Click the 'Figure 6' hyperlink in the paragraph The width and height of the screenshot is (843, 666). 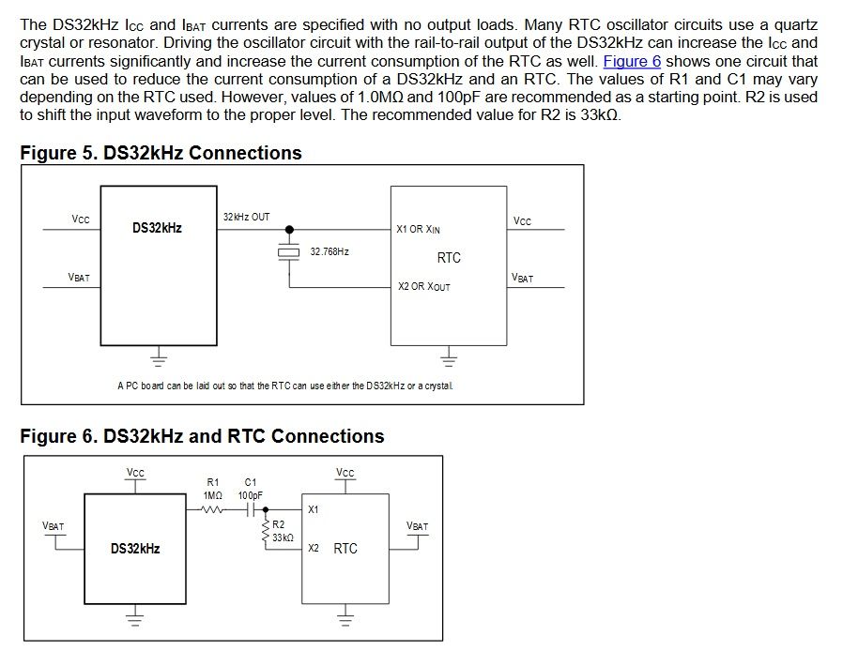click(x=632, y=61)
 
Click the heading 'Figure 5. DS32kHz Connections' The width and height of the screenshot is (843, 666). click(x=161, y=153)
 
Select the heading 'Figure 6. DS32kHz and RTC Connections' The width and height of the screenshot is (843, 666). click(x=202, y=436)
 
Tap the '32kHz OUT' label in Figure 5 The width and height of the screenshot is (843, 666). click(x=246, y=218)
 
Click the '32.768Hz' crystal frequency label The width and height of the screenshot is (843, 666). click(x=330, y=252)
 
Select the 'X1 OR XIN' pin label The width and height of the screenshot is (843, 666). click(x=419, y=229)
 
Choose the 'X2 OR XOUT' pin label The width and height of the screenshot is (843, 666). click(x=423, y=286)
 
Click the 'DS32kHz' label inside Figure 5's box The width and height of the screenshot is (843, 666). click(x=157, y=228)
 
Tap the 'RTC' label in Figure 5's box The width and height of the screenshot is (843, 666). click(x=449, y=258)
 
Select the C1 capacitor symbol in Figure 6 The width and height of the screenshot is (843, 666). click(x=250, y=510)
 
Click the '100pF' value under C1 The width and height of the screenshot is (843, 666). click(x=250, y=495)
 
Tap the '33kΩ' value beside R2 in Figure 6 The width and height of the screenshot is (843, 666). click(x=283, y=538)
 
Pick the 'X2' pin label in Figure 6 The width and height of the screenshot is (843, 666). click(x=314, y=548)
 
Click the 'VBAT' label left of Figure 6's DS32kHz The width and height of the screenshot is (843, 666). click(x=54, y=527)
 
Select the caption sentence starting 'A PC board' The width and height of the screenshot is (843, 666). click(x=284, y=386)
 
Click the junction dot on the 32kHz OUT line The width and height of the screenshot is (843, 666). click(x=288, y=228)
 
